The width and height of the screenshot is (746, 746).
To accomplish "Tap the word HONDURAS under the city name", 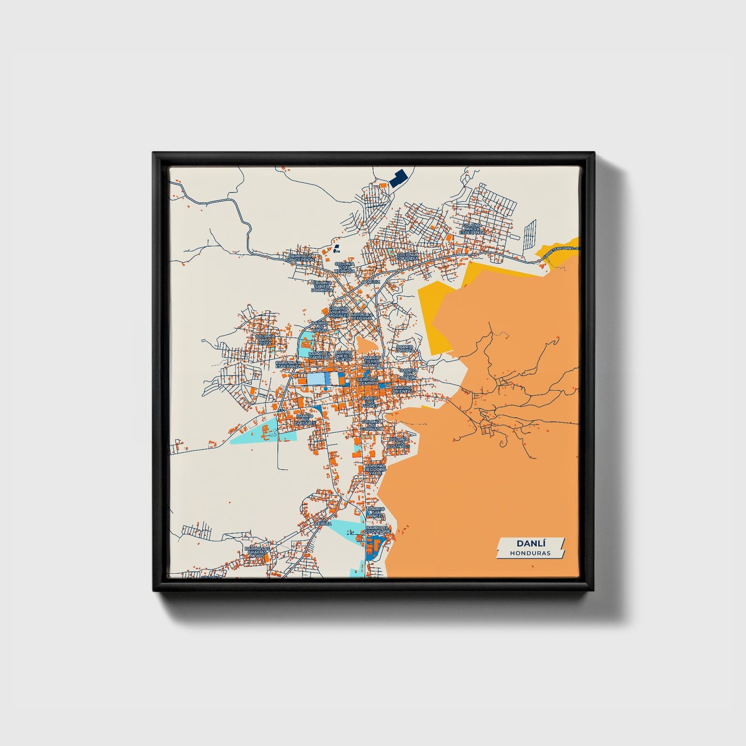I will click(530, 553).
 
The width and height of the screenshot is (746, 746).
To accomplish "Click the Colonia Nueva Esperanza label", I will click(472, 229).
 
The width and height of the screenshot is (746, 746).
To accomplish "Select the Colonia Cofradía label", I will click(408, 257).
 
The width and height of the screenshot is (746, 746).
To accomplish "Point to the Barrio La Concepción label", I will click(300, 257).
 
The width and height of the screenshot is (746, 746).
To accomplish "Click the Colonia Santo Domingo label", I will click(322, 287).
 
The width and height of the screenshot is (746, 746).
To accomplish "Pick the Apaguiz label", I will click(370, 282).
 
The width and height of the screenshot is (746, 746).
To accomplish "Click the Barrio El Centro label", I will click(368, 380).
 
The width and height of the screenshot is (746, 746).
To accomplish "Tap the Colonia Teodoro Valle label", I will click(375, 469).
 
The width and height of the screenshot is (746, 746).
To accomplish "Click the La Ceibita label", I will click(322, 523).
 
